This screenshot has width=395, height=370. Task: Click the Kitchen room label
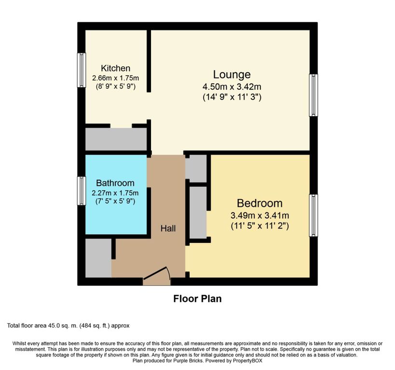tap(116, 68)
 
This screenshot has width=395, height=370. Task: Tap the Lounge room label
tap(232, 75)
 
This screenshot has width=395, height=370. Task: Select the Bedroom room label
tap(259, 203)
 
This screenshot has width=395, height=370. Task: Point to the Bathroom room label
tap(115, 183)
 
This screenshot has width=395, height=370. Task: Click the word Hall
tap(168, 228)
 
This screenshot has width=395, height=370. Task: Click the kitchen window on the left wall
tap(82, 70)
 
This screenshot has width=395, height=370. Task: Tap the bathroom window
tap(82, 191)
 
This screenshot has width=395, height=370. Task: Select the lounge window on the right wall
tap(313, 95)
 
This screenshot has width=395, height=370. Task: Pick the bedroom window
tap(313, 215)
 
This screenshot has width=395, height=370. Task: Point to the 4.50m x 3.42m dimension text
tap(232, 87)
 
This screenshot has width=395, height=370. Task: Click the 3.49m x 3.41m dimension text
tap(260, 215)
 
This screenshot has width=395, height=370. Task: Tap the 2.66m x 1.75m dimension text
tap(116, 78)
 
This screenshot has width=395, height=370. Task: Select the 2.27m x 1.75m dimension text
tap(115, 193)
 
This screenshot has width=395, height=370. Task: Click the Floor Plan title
tap(198, 299)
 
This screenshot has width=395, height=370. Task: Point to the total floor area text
tap(68, 326)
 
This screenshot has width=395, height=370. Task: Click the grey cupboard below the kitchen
tap(116, 139)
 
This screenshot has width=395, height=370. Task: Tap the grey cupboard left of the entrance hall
tap(98, 258)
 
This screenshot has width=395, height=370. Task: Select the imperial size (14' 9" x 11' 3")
tap(232, 97)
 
